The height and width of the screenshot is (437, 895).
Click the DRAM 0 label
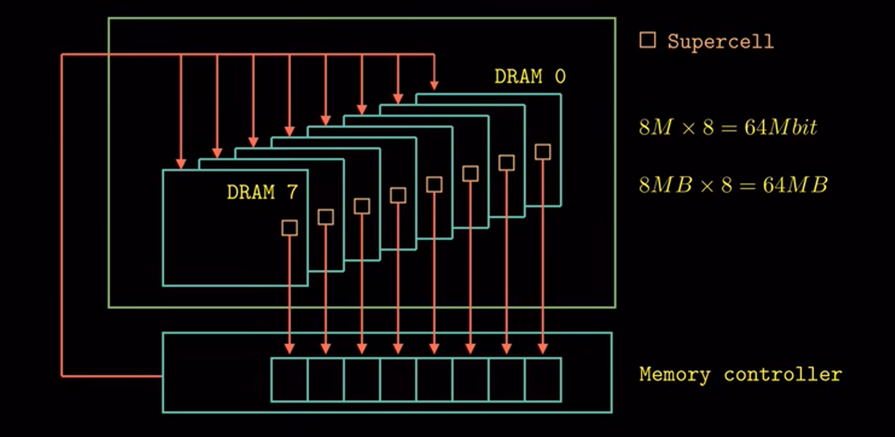530,76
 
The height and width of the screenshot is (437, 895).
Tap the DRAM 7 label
262,192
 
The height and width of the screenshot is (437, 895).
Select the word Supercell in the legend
720,41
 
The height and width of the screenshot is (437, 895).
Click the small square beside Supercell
647,40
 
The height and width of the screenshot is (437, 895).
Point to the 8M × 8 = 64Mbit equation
728,127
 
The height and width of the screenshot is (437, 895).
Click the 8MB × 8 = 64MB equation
733,185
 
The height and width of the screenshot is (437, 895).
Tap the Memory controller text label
740,375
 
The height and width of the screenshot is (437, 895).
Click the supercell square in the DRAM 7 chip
289,228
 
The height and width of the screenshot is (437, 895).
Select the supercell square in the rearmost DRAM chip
543,152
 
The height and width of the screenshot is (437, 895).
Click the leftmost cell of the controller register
289,380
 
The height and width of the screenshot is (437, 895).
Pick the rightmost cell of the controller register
543,380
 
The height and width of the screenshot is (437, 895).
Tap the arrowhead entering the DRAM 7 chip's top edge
181,164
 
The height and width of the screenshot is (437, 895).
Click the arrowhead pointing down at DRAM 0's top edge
434,85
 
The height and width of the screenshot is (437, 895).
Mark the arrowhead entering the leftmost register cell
289,348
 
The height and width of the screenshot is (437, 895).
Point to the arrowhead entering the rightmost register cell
543,348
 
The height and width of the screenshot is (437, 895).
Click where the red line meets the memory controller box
163,376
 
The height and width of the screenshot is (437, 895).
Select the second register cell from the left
326,380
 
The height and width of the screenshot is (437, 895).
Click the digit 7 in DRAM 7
292,192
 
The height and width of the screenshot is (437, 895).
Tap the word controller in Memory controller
783,375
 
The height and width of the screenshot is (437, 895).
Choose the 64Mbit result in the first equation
781,127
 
